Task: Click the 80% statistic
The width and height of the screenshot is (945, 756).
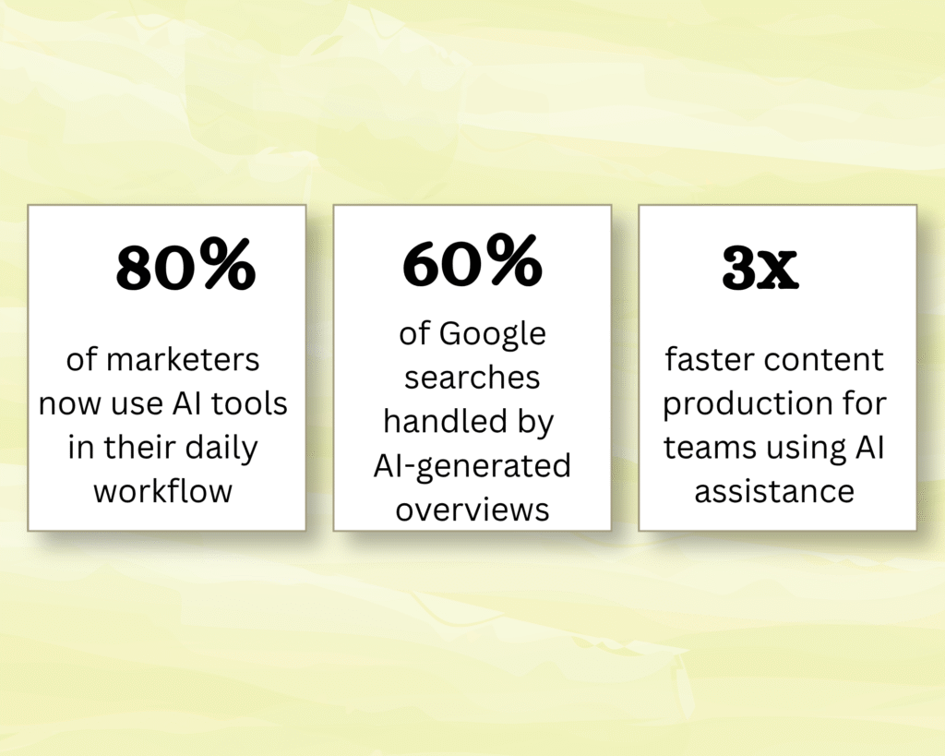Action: (186, 265)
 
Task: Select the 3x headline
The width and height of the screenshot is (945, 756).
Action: (760, 267)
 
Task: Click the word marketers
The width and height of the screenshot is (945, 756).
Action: (183, 360)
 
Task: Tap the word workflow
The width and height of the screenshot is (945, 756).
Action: (162, 491)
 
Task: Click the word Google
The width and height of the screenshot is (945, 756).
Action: (493, 335)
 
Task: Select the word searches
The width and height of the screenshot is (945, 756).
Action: (472, 378)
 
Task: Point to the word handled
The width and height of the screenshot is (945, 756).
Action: (444, 422)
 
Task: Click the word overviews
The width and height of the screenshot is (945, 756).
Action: (472, 510)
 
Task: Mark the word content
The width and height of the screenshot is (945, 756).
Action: (824, 361)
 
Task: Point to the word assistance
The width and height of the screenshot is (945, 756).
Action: (774, 491)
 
